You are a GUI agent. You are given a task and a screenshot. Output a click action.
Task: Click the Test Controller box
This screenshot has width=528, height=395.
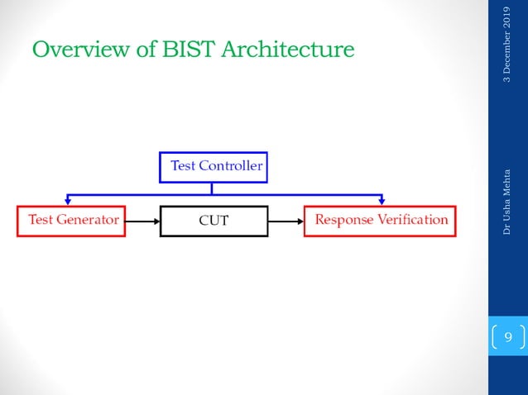click(x=213, y=166)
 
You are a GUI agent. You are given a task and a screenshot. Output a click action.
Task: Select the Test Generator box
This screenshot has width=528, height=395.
click(x=71, y=221)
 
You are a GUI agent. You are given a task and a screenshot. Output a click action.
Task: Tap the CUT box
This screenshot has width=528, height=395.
click(x=214, y=221)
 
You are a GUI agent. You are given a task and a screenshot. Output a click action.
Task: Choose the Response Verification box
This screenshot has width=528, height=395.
click(x=381, y=221)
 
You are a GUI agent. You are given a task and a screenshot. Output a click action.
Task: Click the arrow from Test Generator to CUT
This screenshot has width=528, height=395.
click(x=142, y=221)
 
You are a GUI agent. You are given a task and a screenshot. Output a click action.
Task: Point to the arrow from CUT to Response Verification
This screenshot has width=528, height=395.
click(x=286, y=221)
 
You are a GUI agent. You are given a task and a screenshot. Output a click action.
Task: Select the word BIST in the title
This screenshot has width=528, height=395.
click(x=190, y=50)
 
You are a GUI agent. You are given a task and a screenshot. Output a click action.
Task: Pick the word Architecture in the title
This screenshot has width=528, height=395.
click(x=289, y=50)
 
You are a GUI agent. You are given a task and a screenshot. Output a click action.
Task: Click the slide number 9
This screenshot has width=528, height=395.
click(x=508, y=337)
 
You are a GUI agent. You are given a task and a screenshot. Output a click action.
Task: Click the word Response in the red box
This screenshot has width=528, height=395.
click(x=344, y=221)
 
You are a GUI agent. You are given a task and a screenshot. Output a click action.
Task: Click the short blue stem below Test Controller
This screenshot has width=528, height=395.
click(x=213, y=188)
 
